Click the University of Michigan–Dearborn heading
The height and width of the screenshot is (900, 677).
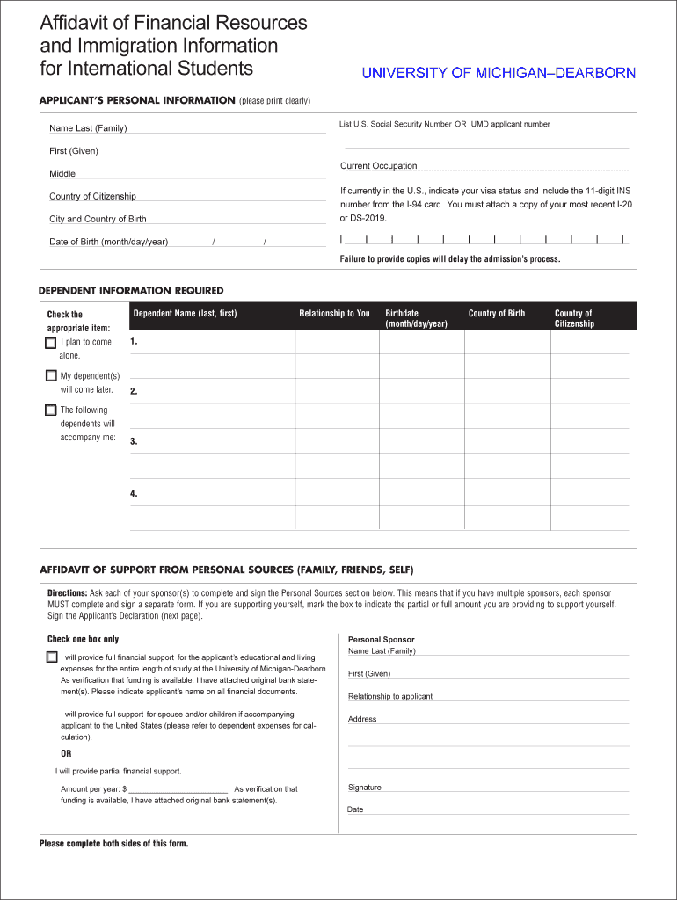tap(499, 73)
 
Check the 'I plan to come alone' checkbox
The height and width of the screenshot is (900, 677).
tap(51, 343)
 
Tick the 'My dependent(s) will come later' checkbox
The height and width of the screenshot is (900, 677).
tap(51, 376)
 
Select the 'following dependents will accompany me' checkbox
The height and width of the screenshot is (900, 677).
tap(51, 410)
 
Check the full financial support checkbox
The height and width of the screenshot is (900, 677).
tap(52, 657)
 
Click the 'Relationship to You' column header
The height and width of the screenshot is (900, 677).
tap(334, 314)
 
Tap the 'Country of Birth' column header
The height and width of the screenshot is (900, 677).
tap(496, 314)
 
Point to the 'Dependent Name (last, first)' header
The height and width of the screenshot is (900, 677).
tap(185, 314)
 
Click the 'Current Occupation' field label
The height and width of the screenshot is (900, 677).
tap(378, 166)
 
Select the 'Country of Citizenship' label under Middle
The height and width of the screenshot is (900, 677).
tap(92, 197)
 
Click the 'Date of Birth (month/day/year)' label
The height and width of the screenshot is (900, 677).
tap(108, 242)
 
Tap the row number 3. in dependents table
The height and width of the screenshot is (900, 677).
tap(134, 442)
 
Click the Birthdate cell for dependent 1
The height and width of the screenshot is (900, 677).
tap(421, 341)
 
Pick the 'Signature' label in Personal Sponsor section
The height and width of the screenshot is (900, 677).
tap(364, 787)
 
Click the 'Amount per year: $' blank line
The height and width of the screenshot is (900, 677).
tap(178, 788)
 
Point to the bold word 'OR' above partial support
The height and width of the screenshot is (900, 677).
tap(66, 753)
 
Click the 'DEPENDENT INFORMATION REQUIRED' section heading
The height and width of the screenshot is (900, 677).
tap(131, 291)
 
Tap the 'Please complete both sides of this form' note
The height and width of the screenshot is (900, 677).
tap(113, 844)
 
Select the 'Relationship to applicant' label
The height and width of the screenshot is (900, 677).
tap(389, 696)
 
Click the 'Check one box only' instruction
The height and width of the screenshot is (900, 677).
tap(83, 639)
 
